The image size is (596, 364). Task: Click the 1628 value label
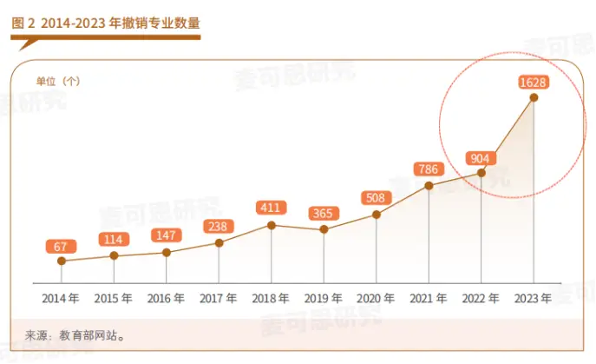point(533,82)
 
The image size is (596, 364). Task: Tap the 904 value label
point(481,158)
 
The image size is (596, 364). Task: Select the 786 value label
point(429,169)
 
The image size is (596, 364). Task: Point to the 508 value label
point(376,197)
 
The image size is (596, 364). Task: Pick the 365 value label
point(324,213)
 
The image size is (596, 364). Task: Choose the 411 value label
point(272,208)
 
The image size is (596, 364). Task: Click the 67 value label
point(61,246)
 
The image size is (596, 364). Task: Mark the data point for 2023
point(534,97)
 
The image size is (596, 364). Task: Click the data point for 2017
point(219,243)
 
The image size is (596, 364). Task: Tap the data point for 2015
point(114,256)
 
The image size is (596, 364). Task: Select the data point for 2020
point(377,214)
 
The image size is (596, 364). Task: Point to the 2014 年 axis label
point(61,298)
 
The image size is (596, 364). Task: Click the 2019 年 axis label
point(324,298)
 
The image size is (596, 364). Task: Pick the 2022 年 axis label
point(481,298)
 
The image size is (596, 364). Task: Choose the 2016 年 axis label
point(166,298)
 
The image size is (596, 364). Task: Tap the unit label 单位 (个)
point(57,81)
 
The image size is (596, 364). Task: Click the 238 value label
point(219,227)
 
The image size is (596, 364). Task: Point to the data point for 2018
point(272,225)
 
